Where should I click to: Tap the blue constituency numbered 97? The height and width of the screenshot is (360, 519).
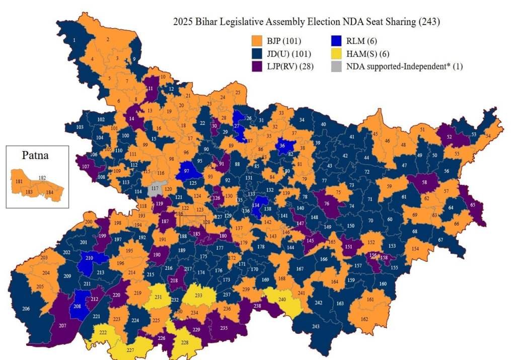[187, 172]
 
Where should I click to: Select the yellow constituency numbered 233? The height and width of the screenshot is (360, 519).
[199, 297]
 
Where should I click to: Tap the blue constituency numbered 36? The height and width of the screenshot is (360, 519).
[283, 146]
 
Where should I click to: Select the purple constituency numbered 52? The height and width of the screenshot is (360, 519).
[450, 136]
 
